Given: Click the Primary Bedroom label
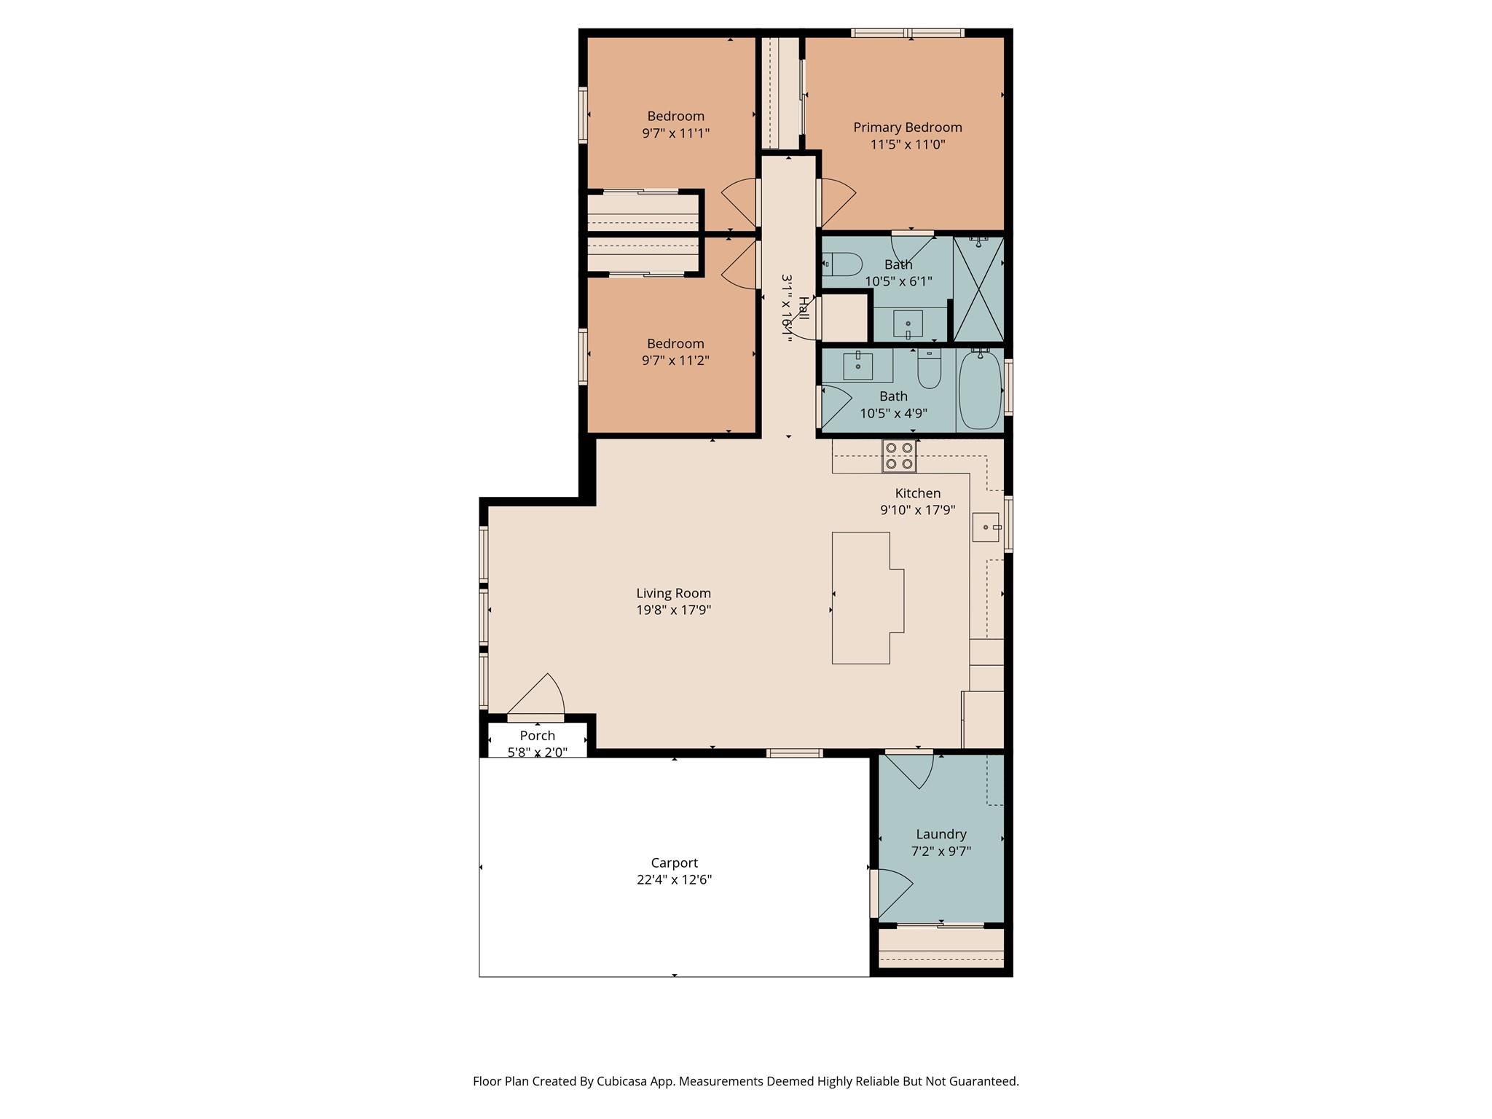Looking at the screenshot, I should tap(908, 127).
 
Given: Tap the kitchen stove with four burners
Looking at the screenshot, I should tap(899, 456).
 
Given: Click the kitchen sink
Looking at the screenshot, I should tap(986, 527).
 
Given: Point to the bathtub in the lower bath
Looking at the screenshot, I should tap(980, 391).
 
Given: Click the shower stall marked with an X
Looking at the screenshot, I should tap(978, 289).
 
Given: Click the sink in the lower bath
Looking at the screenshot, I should tap(858, 366).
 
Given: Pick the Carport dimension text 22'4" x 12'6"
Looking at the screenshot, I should tap(674, 880).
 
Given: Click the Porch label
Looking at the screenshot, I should tap(538, 736).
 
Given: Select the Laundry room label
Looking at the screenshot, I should tap(941, 834).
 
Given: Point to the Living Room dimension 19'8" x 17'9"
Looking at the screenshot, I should tap(674, 610).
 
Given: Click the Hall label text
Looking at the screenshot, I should tap(803, 307).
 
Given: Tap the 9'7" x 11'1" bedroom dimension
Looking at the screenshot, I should tap(675, 133).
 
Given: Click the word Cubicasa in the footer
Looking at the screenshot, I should tap(623, 1081).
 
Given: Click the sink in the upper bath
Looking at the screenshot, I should tap(908, 323).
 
